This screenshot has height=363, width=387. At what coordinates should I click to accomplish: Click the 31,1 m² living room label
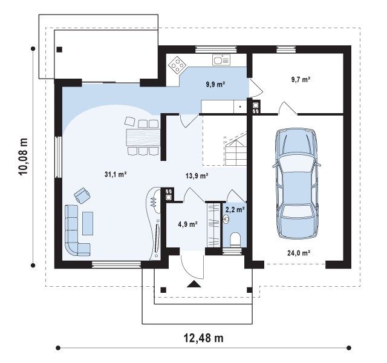pyautogui.click(x=115, y=175)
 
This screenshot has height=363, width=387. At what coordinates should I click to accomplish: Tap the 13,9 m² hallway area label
pyautogui.click(x=197, y=176)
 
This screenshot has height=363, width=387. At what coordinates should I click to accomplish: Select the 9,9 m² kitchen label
pyautogui.click(x=215, y=85)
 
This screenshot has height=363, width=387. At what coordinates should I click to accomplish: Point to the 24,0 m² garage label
pyautogui.click(x=299, y=253)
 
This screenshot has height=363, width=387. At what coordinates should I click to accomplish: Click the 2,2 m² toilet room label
pyautogui.click(x=235, y=210)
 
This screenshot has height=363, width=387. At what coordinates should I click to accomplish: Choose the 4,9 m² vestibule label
pyautogui.click(x=187, y=224)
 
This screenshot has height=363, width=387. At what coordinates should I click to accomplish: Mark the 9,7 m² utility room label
pyautogui.click(x=301, y=79)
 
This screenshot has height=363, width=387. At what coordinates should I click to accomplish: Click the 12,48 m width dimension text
pyautogui.click(x=204, y=338)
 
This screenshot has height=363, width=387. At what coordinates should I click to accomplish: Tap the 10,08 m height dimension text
pyautogui.click(x=24, y=156)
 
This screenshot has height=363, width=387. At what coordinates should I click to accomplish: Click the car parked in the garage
pyautogui.click(x=297, y=183)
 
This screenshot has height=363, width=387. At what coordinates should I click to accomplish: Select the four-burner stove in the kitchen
pyautogui.click(x=177, y=65)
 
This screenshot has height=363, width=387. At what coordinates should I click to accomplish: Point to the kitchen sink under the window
pyautogui.click(x=221, y=60)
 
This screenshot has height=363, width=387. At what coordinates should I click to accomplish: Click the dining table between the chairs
pyautogui.click(x=143, y=137)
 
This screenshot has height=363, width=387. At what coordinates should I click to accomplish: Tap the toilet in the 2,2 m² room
pyautogui.click(x=235, y=240)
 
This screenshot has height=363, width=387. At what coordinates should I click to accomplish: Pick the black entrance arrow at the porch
pyautogui.click(x=194, y=284)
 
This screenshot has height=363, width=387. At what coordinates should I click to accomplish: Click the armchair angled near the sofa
pyautogui.click(x=82, y=195)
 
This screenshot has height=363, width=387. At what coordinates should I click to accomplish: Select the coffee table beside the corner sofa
pyautogui.click(x=88, y=223)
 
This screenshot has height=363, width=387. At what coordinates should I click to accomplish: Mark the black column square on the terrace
pyautogui.click(x=59, y=50)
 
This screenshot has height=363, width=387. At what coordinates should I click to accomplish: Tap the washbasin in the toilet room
pyautogui.click(x=226, y=219)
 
